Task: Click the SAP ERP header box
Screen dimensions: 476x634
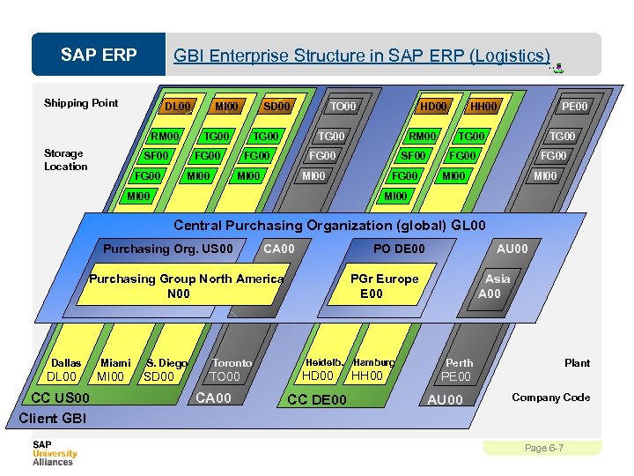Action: point(99,56)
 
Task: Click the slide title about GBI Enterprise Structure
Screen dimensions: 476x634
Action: point(361,56)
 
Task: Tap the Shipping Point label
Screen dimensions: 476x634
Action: point(81,103)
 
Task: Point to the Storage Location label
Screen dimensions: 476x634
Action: point(66,160)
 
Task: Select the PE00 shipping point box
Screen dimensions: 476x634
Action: point(574,107)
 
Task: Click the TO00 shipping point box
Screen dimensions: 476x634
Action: point(343,107)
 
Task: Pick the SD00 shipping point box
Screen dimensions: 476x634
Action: point(276,107)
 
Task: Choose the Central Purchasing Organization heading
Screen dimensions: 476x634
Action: point(329,226)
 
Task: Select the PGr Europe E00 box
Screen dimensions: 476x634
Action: point(384,286)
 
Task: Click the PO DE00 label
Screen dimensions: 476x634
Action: point(399,249)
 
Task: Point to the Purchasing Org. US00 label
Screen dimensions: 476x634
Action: point(168,249)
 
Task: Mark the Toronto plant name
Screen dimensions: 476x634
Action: point(232,362)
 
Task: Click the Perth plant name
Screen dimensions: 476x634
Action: point(459,362)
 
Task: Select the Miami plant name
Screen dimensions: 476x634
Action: point(116,362)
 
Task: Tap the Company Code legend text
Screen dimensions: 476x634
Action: point(550,398)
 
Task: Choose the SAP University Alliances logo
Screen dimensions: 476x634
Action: point(55,453)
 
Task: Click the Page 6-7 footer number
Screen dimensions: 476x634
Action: point(543,449)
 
